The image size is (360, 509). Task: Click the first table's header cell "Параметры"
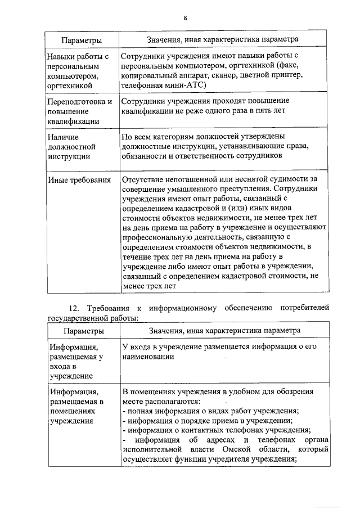click(x=82, y=40)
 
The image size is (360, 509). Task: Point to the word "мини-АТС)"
click(x=188, y=85)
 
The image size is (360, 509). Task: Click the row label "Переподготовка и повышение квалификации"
click(x=79, y=111)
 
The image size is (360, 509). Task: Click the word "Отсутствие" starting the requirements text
click(x=144, y=179)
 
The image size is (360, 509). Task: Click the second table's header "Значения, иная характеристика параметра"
click(x=223, y=331)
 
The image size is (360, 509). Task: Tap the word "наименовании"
click(x=148, y=357)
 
